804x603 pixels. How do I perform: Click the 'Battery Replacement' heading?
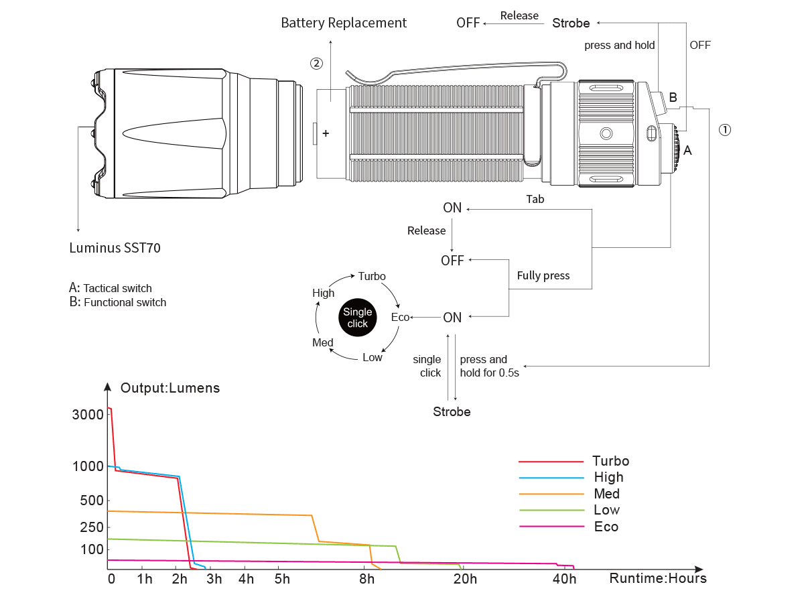[344, 23]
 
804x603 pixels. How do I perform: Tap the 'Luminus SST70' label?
[115, 248]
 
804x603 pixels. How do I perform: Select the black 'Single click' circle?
[357, 318]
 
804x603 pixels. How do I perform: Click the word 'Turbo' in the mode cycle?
[372, 276]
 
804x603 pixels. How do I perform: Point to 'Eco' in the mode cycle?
[400, 317]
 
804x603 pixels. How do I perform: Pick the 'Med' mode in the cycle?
[323, 342]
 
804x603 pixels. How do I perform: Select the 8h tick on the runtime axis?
[366, 579]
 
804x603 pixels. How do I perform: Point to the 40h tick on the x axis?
[565, 579]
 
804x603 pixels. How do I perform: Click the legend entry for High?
[608, 477]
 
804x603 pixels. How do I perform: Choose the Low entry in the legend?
[606, 510]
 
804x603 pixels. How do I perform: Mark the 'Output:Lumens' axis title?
[170, 388]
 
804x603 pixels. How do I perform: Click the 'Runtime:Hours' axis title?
[658, 578]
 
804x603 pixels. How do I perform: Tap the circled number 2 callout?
[316, 64]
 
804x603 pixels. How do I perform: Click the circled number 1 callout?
[724, 130]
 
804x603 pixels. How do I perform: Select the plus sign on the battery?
[326, 133]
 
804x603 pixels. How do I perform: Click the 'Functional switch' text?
[125, 302]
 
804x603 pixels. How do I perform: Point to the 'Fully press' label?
[543, 275]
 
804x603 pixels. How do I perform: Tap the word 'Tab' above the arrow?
[535, 199]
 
